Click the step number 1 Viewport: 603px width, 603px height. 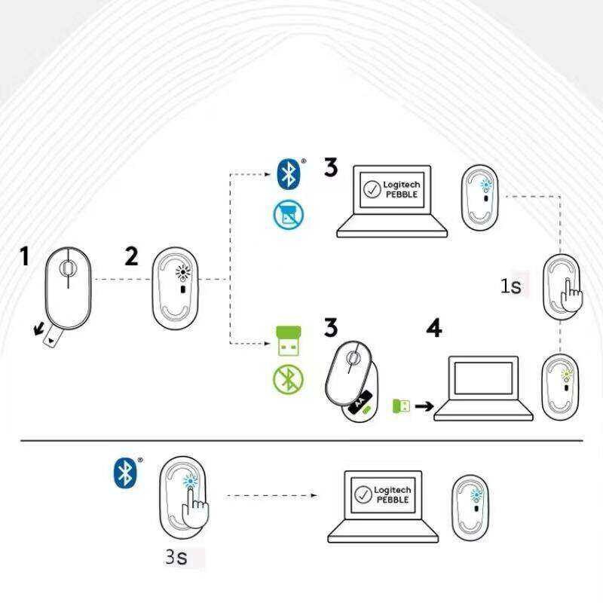click(x=25, y=256)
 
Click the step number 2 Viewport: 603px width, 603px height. click(x=131, y=256)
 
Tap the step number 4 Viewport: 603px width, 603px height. click(x=435, y=328)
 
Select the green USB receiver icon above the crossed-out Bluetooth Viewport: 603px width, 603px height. click(x=289, y=341)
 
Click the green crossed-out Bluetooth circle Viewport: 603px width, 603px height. click(x=288, y=380)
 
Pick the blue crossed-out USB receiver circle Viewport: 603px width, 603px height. click(x=289, y=215)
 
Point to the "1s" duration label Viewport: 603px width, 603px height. click(x=511, y=286)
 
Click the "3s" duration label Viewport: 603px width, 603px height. click(x=176, y=556)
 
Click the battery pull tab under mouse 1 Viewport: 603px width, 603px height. click(x=52, y=338)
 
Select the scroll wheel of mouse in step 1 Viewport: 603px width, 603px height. click(x=67, y=268)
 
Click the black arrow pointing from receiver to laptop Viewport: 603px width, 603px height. click(x=424, y=406)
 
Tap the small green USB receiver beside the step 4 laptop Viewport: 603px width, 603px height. click(x=401, y=406)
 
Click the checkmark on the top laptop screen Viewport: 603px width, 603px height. click(x=372, y=189)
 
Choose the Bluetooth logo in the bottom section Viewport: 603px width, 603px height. click(x=125, y=473)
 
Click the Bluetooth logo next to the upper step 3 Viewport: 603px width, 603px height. click(x=289, y=174)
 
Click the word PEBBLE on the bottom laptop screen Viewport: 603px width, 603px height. click(x=393, y=500)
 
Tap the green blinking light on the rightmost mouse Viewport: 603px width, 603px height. click(x=566, y=374)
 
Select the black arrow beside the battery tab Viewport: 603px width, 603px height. click(x=38, y=329)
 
